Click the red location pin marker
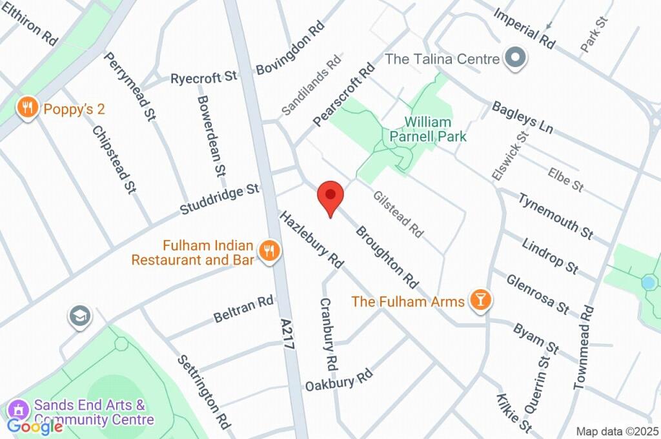pos(330,196)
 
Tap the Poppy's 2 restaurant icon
pos(26,108)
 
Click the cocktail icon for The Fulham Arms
pos(480,300)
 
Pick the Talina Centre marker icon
pos(516,58)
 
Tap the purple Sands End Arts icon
pos(19,409)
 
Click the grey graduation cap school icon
pos(80,317)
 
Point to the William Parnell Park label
pos(428,129)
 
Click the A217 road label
pos(288,333)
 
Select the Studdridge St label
pos(219,199)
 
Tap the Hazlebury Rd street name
pos(310,238)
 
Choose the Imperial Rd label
pos(524,28)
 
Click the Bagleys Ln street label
pos(522,117)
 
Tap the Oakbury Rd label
pos(340,379)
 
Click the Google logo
pos(35,425)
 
